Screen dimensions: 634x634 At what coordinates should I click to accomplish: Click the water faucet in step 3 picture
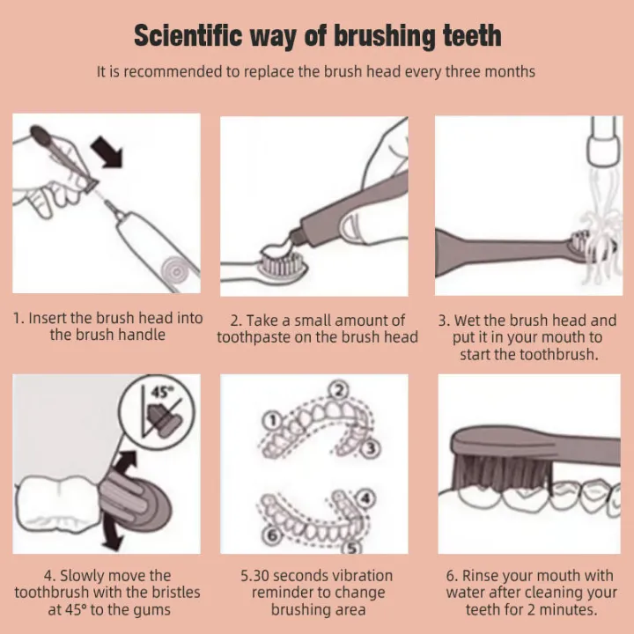click(x=603, y=140)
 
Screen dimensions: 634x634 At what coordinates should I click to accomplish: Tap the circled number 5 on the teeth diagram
click(x=352, y=549)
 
